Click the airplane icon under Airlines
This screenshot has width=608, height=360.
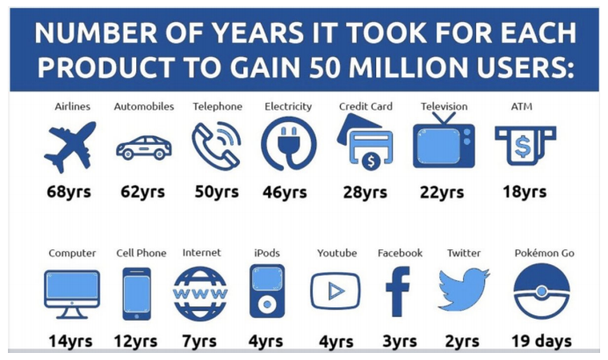[x=69, y=147]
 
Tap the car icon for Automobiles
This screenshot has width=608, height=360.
[x=143, y=148]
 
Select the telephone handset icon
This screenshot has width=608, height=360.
[x=216, y=145]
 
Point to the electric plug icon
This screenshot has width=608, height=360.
[x=288, y=145]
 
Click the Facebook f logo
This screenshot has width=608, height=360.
[x=400, y=292]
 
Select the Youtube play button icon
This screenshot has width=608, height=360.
[x=335, y=292]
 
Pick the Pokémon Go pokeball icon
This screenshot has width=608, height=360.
[x=541, y=292]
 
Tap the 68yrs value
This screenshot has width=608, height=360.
[x=69, y=191]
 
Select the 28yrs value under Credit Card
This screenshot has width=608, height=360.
[x=363, y=191]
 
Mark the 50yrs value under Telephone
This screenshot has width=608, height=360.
[x=216, y=191]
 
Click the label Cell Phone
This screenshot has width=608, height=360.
[x=141, y=253]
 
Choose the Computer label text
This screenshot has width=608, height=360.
[x=72, y=253]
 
